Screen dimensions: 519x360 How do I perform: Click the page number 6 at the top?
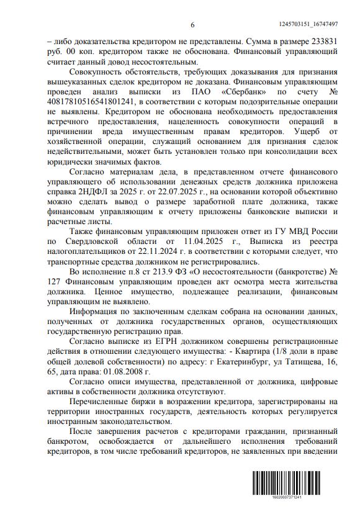click(192, 24)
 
